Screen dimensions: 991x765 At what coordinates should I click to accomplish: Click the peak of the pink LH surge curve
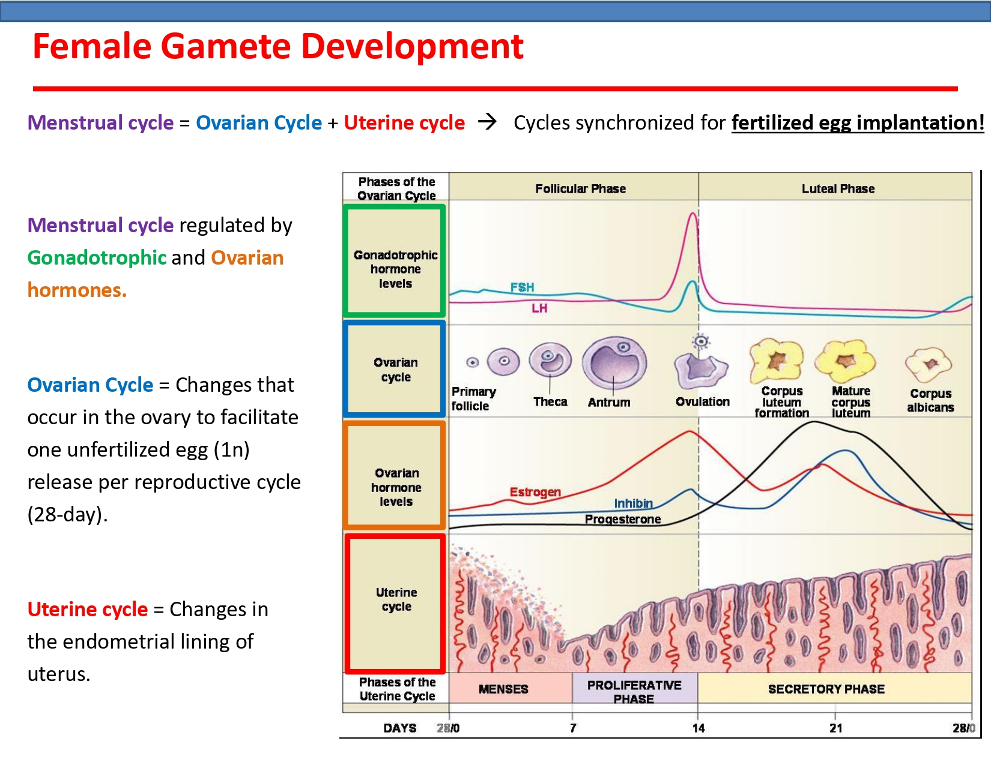click(692, 213)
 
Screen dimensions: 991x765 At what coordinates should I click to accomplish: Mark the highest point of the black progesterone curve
click(814, 422)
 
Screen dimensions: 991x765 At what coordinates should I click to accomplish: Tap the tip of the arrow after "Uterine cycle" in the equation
click(496, 122)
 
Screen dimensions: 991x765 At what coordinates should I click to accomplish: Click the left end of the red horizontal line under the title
click(33, 89)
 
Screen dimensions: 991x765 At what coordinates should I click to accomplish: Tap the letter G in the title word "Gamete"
click(173, 47)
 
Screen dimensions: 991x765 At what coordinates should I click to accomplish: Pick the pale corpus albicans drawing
click(929, 364)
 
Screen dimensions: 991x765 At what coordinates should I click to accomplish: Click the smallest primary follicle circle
click(473, 362)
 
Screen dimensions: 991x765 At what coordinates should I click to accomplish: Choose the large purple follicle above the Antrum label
click(614, 363)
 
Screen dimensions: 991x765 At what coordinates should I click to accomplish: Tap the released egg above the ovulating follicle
click(701, 341)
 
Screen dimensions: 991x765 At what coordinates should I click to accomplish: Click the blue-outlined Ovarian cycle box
click(346, 369)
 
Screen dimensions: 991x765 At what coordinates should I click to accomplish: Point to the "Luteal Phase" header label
click(838, 188)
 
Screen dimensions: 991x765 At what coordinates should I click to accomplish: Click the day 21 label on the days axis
click(835, 728)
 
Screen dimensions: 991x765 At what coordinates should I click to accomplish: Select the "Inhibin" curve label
click(634, 503)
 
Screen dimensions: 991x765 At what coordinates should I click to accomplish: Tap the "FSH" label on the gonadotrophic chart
click(522, 287)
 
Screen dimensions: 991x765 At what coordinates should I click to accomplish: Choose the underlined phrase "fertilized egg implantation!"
click(858, 122)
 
